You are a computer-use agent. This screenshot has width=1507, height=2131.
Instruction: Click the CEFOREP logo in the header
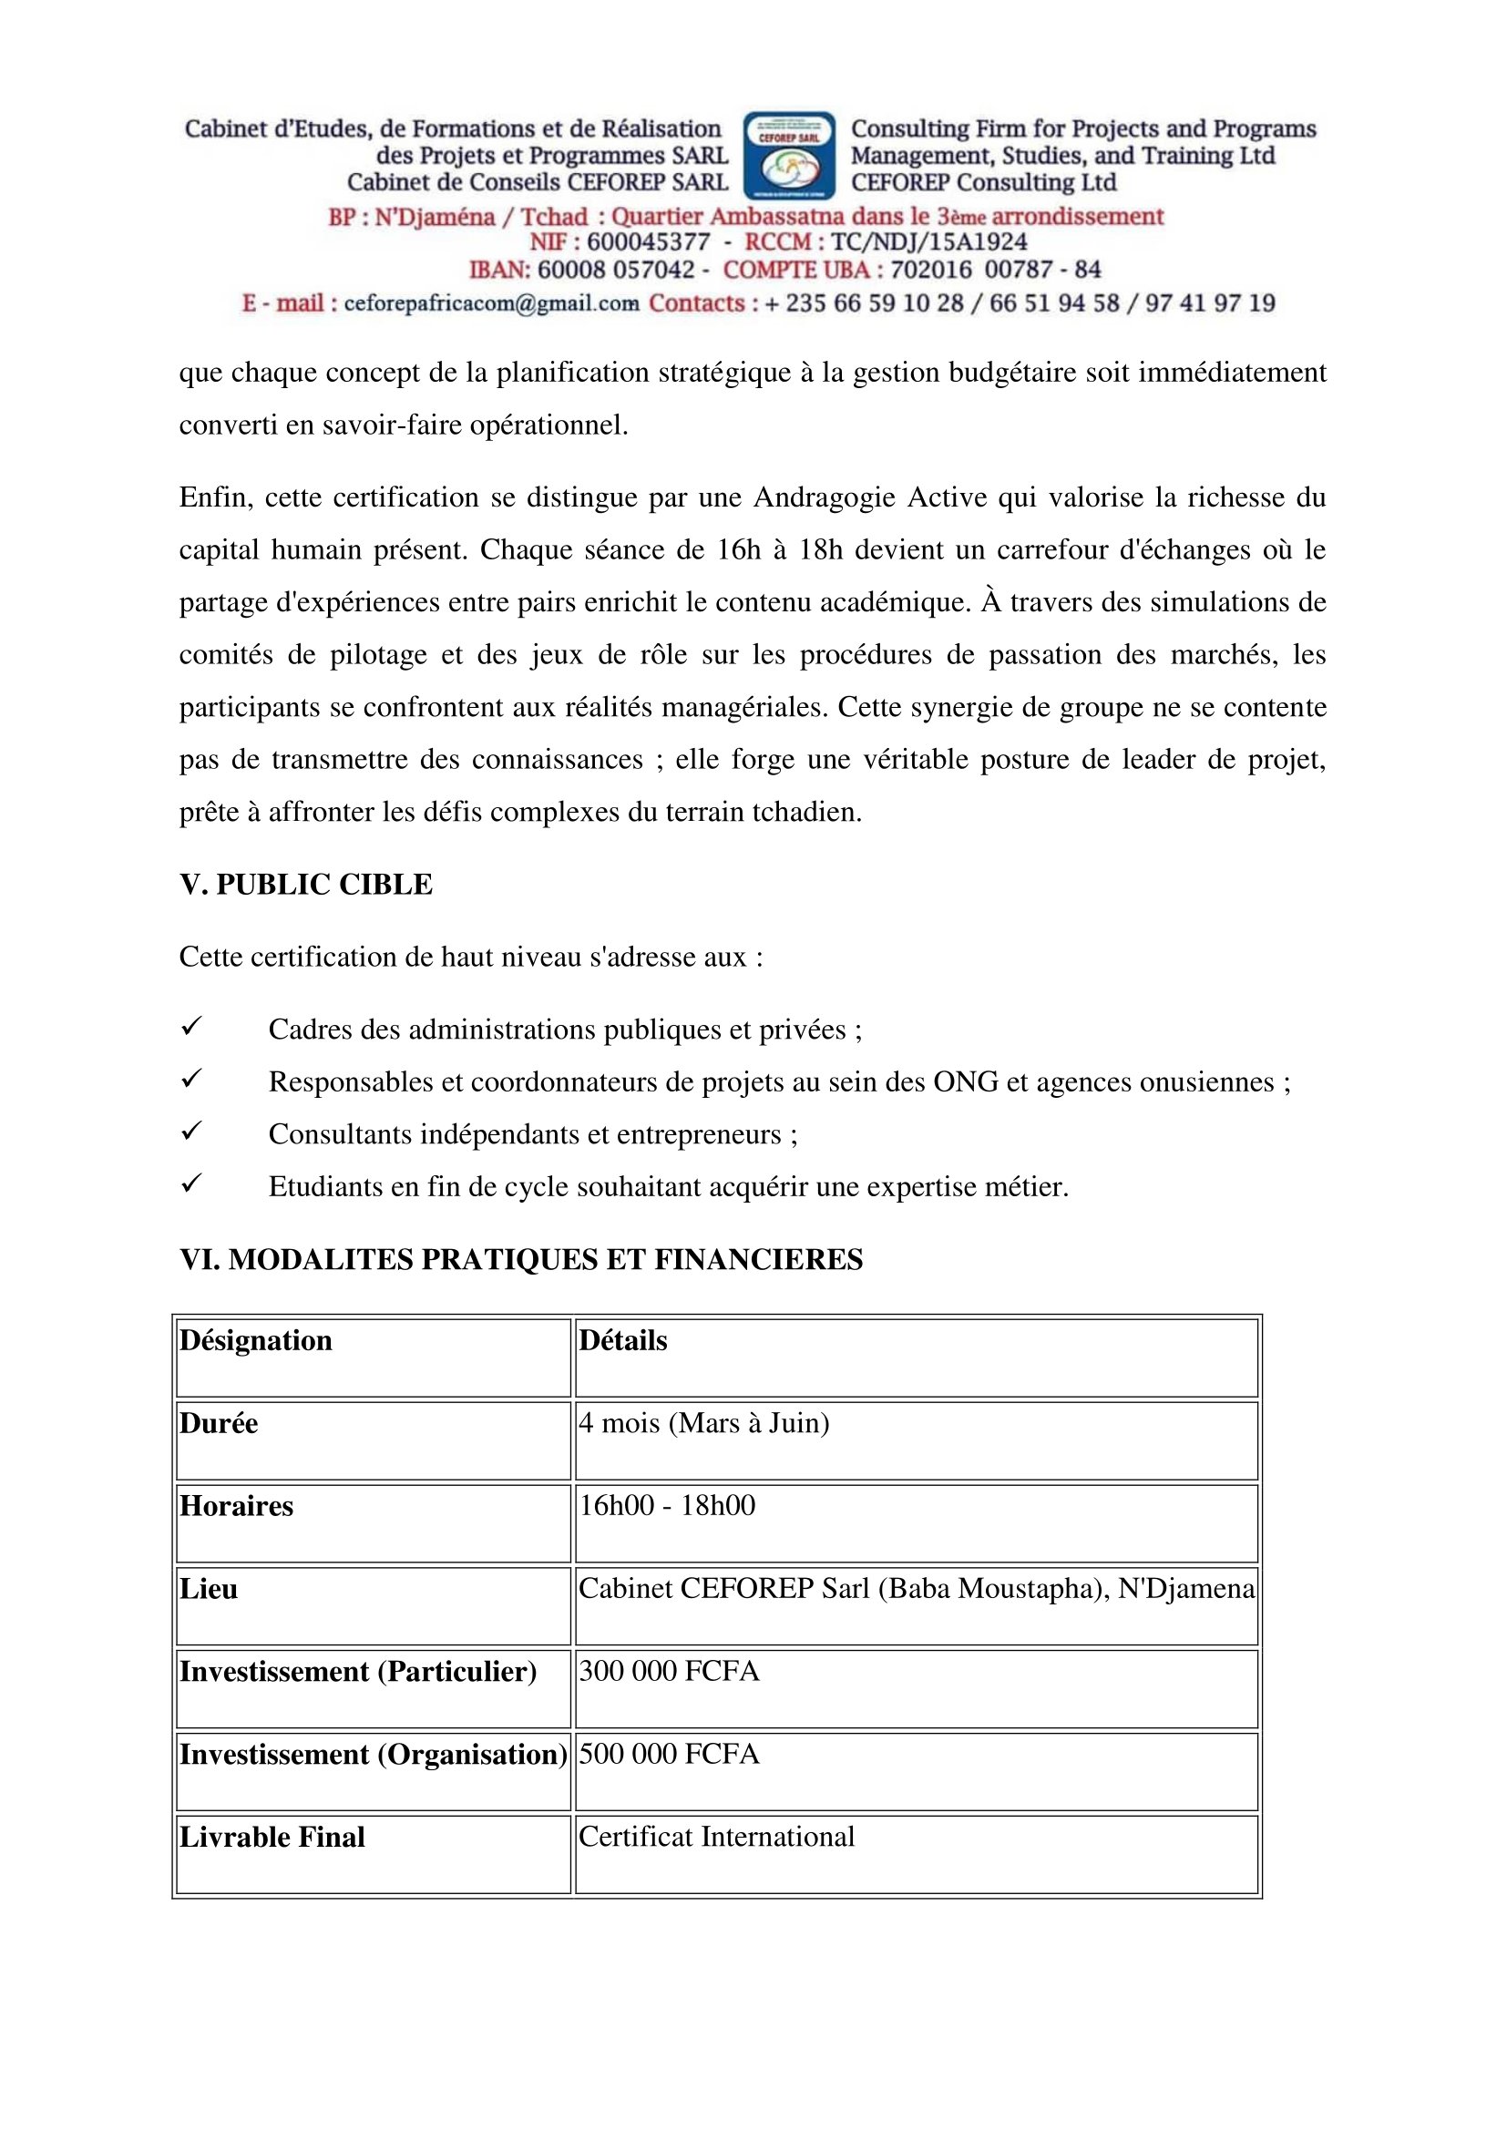789,156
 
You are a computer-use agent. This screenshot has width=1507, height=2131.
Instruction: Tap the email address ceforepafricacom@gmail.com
491,303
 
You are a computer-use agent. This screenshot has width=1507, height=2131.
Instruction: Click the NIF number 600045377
648,242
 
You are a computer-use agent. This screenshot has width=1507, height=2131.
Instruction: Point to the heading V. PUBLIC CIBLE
305,884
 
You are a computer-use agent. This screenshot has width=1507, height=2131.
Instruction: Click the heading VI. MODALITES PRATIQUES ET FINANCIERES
520,1258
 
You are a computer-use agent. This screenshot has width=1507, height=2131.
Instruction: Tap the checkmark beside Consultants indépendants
191,1132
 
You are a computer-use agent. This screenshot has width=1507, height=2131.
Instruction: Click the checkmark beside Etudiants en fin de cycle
191,1183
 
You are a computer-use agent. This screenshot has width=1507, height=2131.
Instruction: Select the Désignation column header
256,1340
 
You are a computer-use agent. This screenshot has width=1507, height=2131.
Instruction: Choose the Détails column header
622,1340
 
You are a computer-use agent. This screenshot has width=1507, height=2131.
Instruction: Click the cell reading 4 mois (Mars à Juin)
703,1423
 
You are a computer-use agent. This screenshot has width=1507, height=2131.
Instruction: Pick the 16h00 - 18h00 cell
667,1505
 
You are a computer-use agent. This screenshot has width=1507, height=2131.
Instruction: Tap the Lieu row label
209,1589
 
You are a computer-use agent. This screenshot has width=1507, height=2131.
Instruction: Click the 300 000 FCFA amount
669,1671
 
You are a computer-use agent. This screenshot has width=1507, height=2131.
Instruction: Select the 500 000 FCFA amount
669,1753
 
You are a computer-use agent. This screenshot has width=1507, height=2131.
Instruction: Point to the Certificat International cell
716,1837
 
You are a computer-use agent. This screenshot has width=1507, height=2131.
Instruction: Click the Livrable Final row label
272,1837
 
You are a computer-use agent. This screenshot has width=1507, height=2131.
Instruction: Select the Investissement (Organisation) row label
373,1754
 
